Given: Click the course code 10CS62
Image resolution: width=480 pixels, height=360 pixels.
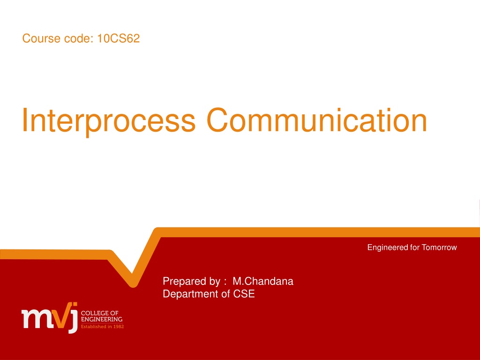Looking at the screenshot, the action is pos(119,38).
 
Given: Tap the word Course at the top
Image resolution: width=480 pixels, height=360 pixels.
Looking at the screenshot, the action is pos(41,38).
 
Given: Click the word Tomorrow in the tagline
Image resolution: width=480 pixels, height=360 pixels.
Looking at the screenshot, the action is pos(439,247).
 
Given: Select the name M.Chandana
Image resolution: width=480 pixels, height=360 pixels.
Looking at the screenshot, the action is pos(263,281).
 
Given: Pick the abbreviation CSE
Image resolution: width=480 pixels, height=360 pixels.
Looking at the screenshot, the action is pos(244,294).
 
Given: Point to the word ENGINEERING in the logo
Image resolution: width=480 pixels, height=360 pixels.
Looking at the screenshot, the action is pos(102,319).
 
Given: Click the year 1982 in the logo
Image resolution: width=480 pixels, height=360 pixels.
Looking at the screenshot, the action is pos(118,327).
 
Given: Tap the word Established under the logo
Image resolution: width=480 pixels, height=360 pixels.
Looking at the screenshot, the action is pos(93,327).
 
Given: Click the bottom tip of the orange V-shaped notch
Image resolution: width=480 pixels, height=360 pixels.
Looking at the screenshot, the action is pos(133,285).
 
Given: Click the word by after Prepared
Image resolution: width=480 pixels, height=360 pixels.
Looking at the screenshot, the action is pos(215,282).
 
